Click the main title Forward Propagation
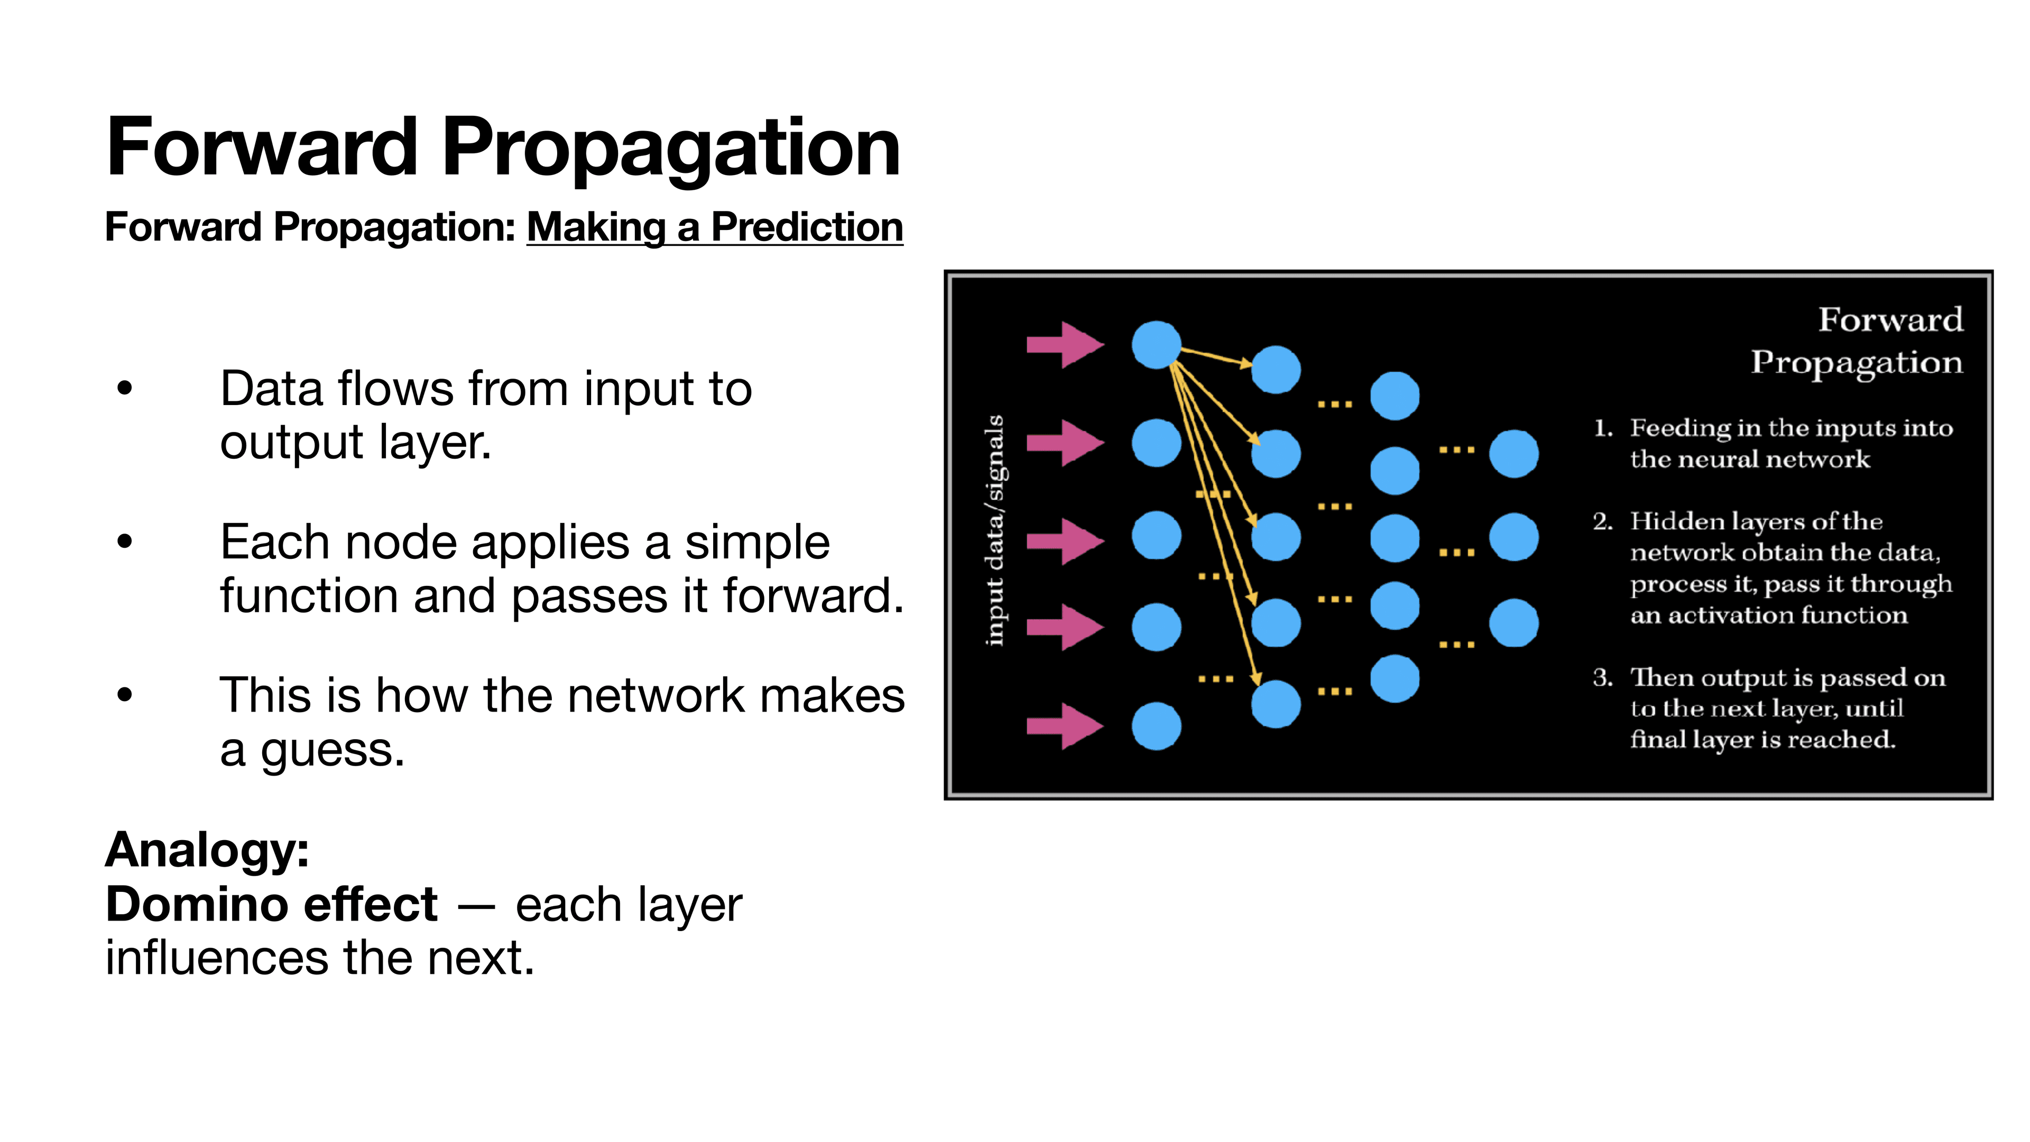503,148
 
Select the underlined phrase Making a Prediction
714,228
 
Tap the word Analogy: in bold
207,850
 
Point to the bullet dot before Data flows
125,389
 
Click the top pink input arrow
1064,344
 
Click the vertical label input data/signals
995,530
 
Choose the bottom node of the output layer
1513,623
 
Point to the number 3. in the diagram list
1603,678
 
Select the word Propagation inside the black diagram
1856,363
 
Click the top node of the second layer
1275,370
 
